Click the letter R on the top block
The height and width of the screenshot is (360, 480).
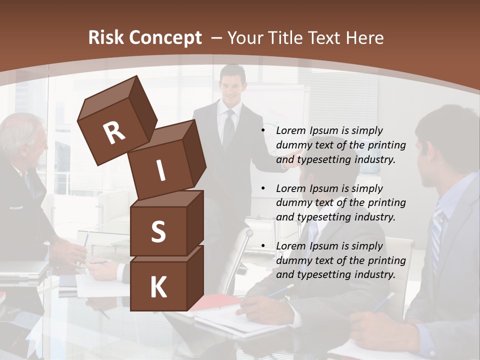tap(114, 133)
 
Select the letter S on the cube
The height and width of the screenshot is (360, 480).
tap(158, 231)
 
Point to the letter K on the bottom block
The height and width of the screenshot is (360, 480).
tap(158, 287)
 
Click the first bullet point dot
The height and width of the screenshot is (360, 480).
tap(263, 130)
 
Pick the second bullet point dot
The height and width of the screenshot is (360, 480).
tap(263, 188)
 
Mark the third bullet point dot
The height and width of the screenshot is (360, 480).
tap(263, 246)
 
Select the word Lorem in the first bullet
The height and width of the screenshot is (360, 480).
tap(290, 130)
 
